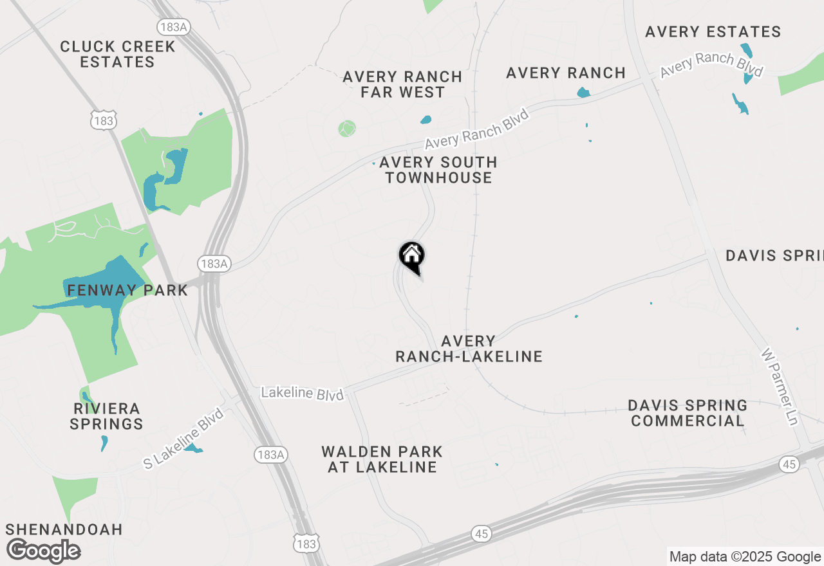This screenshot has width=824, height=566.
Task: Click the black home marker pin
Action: click(412, 257)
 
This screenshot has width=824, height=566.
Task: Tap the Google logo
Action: click(43, 551)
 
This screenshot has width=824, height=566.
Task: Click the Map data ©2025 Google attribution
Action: click(745, 557)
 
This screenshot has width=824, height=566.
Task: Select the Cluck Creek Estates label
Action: click(117, 55)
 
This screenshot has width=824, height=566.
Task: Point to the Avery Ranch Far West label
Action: click(402, 84)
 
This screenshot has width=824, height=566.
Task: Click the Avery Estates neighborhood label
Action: click(713, 32)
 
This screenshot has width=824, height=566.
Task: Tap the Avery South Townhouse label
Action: click(438, 170)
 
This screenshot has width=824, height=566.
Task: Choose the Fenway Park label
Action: click(127, 290)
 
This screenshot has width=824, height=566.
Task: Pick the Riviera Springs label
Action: click(106, 416)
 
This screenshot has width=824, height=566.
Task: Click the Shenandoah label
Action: click(64, 529)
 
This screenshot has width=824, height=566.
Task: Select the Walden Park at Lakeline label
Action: click(382, 459)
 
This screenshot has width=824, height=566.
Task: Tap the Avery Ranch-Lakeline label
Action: click(469, 349)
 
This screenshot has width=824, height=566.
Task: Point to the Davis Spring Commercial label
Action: click(688, 413)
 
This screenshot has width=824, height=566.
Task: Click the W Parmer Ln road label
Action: click(780, 387)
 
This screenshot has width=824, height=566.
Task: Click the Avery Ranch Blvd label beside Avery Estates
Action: click(711, 64)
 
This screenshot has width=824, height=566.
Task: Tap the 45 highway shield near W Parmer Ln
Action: click(789, 464)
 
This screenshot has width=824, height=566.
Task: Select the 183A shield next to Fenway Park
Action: click(214, 264)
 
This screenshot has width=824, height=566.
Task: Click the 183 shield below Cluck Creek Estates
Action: click(103, 121)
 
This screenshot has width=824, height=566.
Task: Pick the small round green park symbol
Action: click(347, 129)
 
